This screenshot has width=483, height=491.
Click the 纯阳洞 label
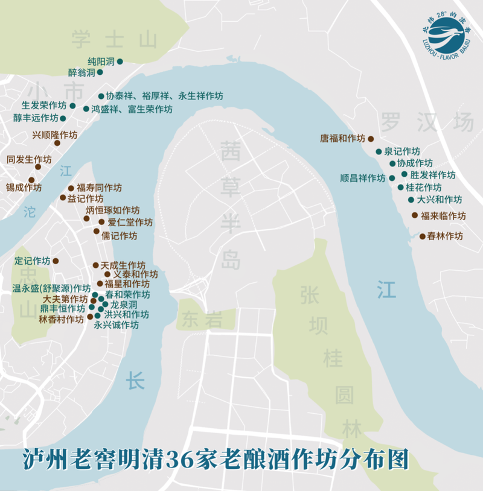click(x=101, y=62)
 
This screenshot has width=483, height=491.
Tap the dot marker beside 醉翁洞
click(x=100, y=72)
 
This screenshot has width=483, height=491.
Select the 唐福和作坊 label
click(x=342, y=138)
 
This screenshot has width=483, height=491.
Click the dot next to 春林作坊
click(x=422, y=236)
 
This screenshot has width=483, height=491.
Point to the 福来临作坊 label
click(x=443, y=215)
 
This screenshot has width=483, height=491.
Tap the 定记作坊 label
click(x=32, y=261)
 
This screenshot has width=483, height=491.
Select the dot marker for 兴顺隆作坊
click(x=57, y=143)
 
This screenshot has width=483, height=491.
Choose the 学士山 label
click(x=114, y=40)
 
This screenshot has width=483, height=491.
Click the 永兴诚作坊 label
click(x=117, y=325)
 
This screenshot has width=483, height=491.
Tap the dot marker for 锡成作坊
click(x=31, y=180)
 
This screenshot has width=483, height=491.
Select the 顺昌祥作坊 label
click(x=362, y=178)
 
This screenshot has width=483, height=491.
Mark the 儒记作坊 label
click(x=119, y=236)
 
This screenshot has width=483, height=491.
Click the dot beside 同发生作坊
click(x=37, y=166)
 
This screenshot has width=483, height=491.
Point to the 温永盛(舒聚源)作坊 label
click(x=51, y=288)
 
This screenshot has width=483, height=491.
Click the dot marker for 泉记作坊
click(x=379, y=151)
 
